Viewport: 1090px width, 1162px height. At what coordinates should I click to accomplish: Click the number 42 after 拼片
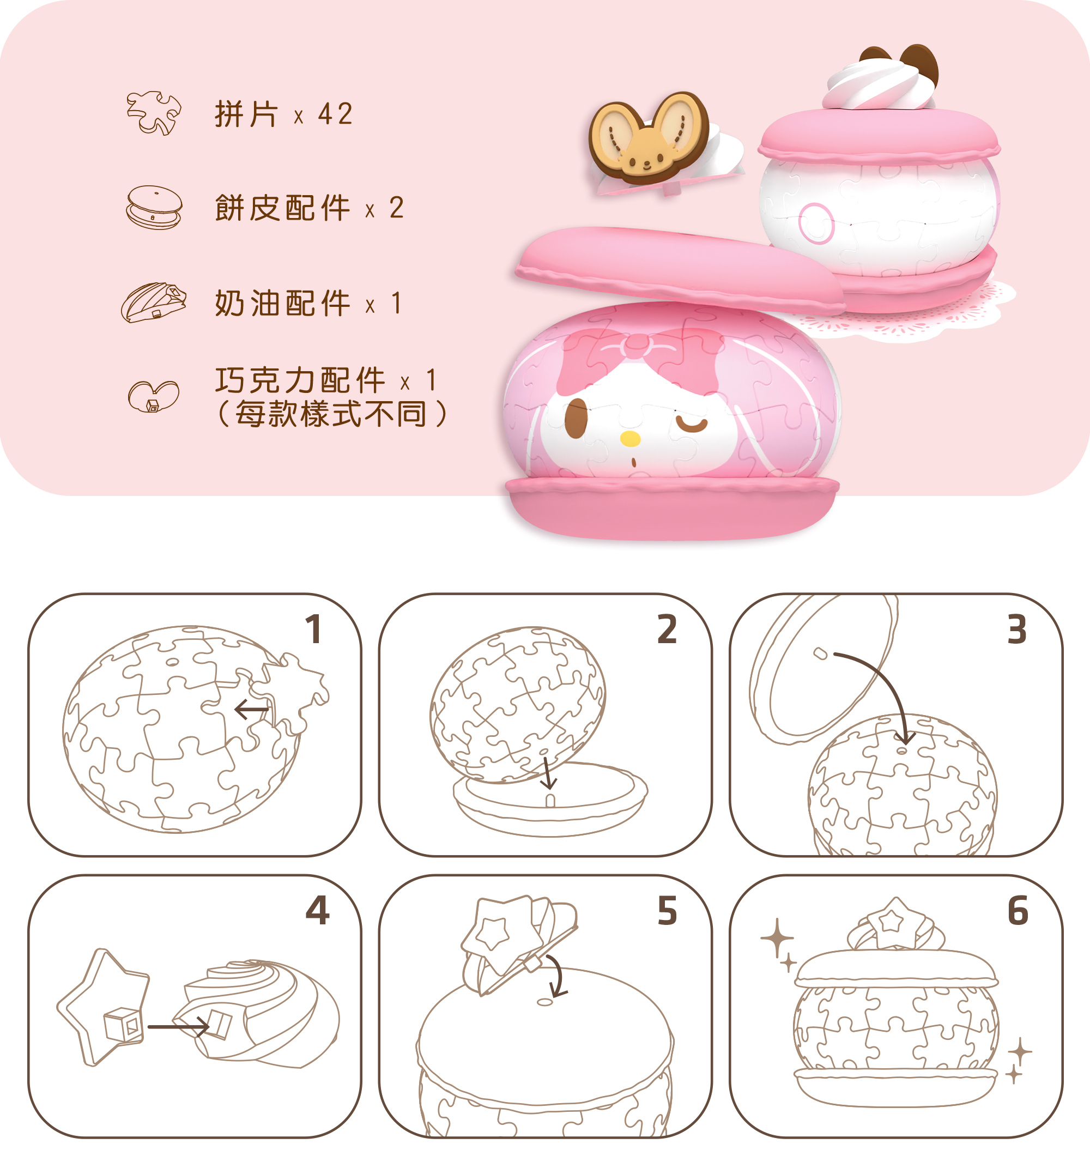[x=336, y=113]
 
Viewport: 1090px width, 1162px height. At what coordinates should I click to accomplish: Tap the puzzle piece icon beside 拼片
[x=154, y=113]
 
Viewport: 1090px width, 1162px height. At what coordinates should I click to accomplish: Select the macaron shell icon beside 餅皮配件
[x=154, y=208]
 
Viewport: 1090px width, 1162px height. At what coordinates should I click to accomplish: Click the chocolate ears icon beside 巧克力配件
[x=154, y=397]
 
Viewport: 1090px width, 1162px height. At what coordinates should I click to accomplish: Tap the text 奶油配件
[x=282, y=304]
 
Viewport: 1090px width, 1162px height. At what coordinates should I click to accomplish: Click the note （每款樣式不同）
[x=331, y=414]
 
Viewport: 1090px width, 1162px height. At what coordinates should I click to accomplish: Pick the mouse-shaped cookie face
[x=649, y=138]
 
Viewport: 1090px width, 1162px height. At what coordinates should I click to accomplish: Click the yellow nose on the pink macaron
[x=629, y=439]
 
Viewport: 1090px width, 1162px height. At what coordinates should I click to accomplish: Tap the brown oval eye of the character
[x=576, y=419]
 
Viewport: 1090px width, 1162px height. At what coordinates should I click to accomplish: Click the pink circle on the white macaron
[x=816, y=223]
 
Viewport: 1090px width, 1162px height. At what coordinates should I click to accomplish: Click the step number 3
[x=1017, y=630]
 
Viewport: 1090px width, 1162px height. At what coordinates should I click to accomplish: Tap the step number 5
[x=667, y=911]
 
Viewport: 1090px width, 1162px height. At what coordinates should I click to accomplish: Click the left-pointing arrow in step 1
[x=251, y=710]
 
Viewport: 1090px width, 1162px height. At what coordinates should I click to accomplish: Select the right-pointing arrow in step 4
[x=178, y=1026]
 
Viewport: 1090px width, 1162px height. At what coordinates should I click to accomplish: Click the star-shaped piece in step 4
[x=104, y=1007]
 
